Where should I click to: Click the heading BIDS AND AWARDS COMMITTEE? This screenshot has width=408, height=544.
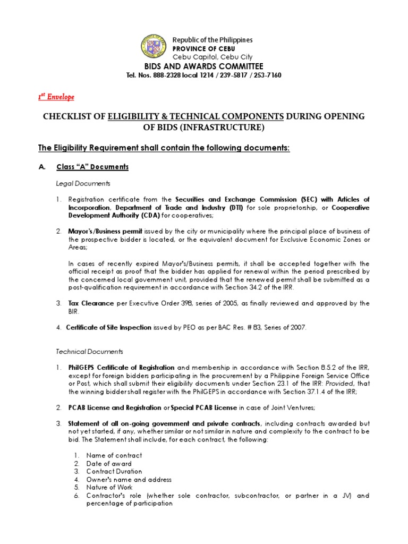point(204,66)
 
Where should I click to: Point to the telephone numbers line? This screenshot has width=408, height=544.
point(203,75)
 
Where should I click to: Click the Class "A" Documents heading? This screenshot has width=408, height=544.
point(92,167)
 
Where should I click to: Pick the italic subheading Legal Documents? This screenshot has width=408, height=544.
point(83,183)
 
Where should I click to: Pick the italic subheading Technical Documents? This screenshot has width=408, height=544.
point(89,352)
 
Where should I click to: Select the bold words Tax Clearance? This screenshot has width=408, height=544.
point(90,303)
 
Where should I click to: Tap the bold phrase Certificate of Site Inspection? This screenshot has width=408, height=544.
point(108,328)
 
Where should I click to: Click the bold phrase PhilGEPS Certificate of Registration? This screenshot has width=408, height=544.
point(121,368)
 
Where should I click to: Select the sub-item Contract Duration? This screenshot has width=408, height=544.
point(114,471)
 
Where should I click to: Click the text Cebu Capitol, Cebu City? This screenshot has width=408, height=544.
point(212,57)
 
